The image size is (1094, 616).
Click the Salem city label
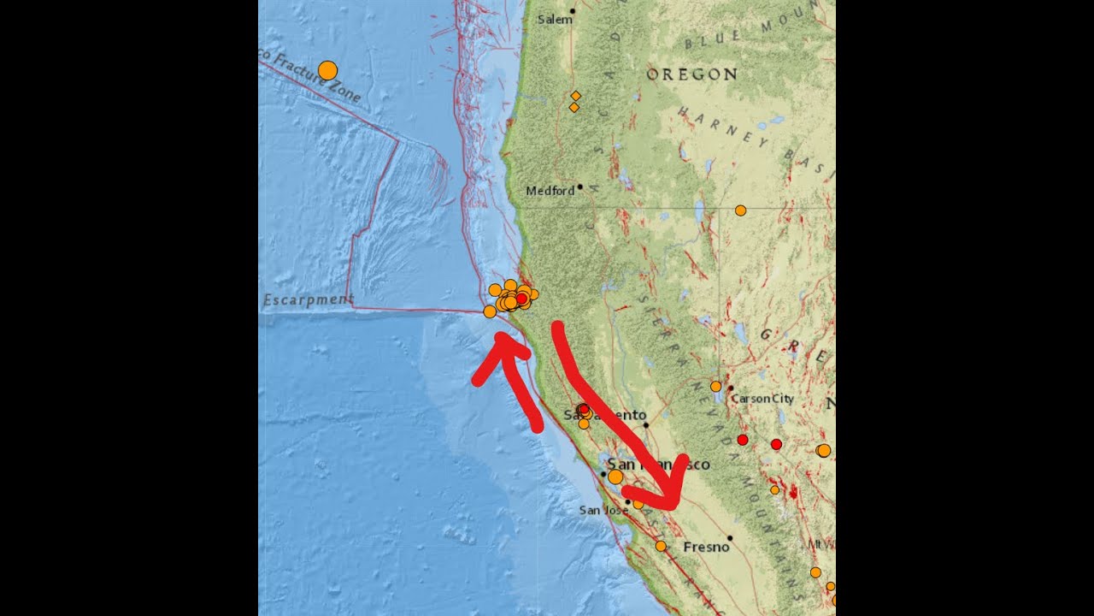coord(555,20)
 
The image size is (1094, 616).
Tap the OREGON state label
coord(691,74)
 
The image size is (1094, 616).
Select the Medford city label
coord(550,191)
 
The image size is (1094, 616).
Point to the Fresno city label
coord(705,547)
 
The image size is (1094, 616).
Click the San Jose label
coord(603,510)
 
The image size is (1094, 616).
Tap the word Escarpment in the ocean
coord(309,299)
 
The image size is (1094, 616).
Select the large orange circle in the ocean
coord(327,70)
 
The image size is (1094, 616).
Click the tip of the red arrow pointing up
coord(503,338)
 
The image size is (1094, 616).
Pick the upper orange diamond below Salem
coord(575,95)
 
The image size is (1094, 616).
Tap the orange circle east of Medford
coord(740,210)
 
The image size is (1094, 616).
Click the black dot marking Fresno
coord(730,538)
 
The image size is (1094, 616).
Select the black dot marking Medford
coord(579,187)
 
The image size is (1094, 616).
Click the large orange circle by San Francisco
coord(615,477)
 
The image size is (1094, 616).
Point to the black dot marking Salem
coord(573,11)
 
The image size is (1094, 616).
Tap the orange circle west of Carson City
coord(715,386)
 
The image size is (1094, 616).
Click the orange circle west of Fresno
coord(661,546)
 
